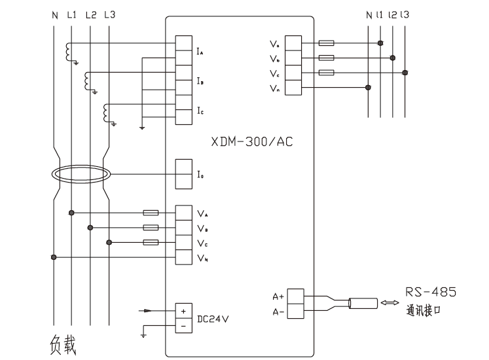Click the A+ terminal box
coord(297,295)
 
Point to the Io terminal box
coord(183,173)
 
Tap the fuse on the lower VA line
coord(150,213)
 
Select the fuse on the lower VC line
coord(150,242)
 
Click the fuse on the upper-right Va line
coord(327,43)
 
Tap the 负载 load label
coord(63,344)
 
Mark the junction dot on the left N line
coord(54,257)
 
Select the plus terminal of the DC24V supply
coord(183,310)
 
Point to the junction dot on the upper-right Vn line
coord(369,86)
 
